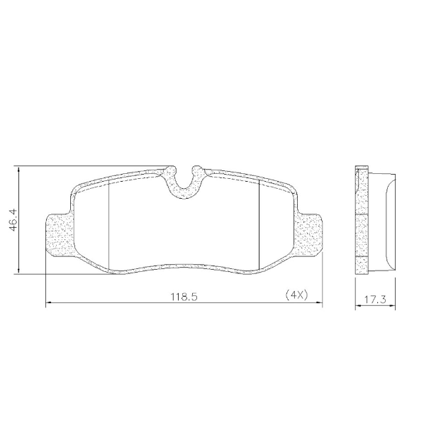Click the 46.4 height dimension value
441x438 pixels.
pos(13,220)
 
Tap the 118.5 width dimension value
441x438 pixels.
pos(184,297)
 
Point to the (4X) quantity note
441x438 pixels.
pos(296,295)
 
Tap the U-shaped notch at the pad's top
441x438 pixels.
pos(184,186)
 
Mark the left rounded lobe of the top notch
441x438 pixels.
pos(170,170)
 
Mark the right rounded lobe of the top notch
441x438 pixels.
pos(197,170)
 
